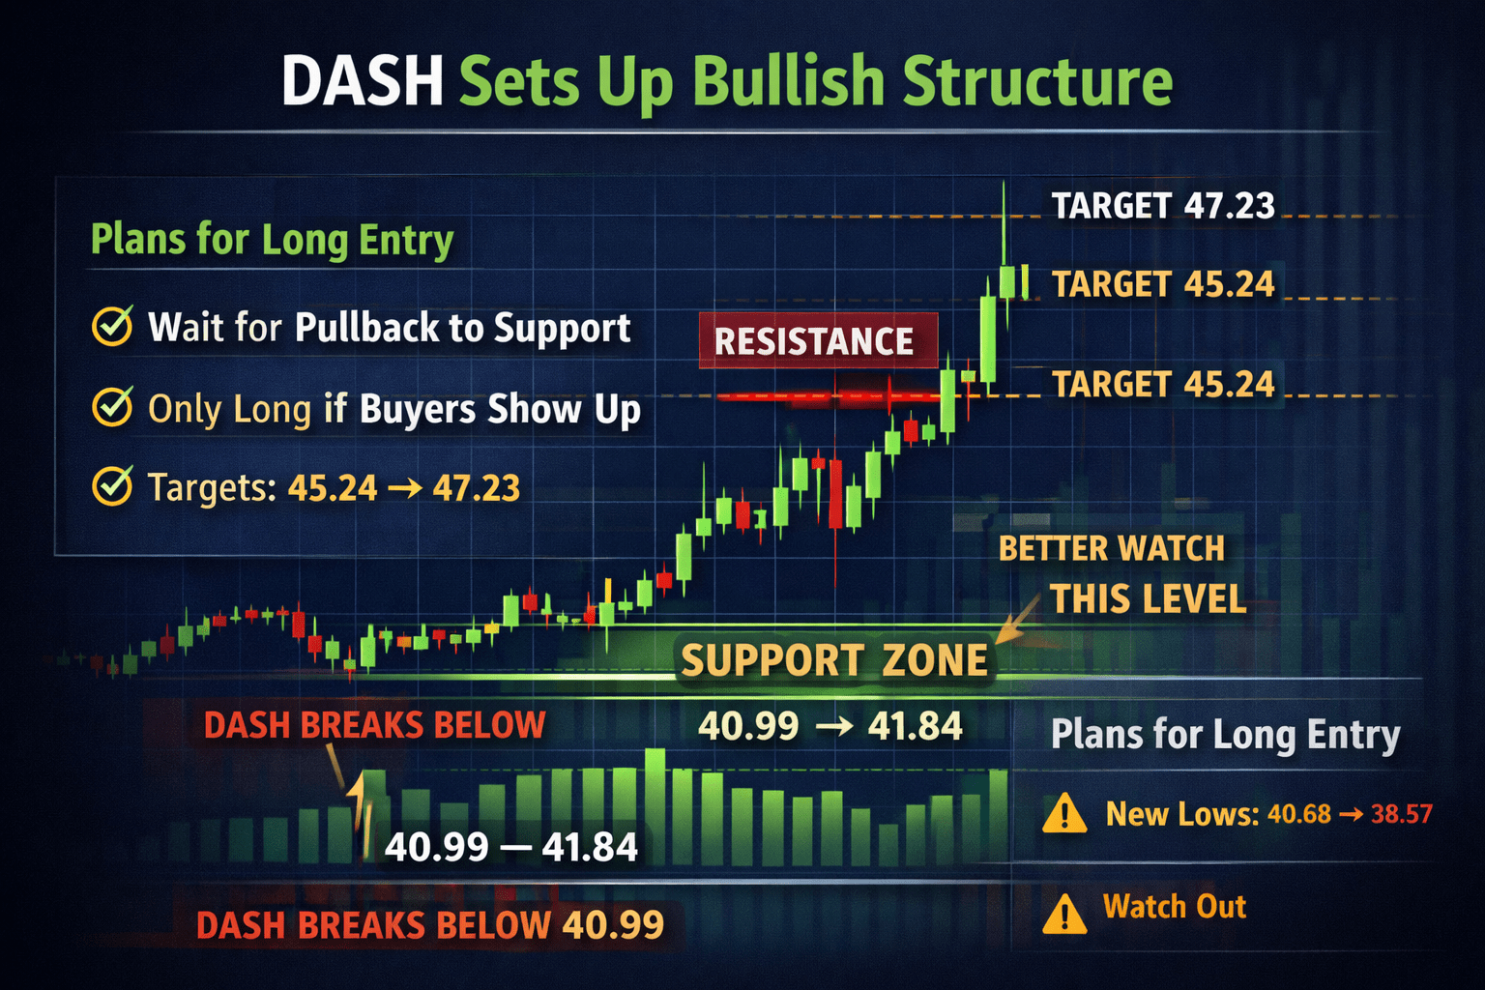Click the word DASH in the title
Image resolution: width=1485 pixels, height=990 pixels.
pos(362,80)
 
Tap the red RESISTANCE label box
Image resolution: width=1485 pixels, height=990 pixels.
pos(818,341)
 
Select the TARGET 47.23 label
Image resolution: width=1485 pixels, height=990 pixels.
pos(1163,206)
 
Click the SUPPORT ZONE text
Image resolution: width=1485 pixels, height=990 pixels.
pos(834,660)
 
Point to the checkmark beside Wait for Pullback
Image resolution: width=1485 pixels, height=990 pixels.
pos(113,326)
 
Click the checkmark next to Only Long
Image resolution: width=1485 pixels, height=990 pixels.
pos(113,406)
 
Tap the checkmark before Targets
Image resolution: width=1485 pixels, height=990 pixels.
pos(113,486)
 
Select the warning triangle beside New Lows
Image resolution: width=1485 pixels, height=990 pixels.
pos(1064,813)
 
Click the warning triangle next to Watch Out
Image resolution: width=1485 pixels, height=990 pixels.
pos(1064,914)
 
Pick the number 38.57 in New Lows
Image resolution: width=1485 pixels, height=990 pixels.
pos(1402,814)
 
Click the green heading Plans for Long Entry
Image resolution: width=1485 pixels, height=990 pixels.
pos(272,240)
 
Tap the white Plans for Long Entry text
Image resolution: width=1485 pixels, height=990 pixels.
pos(1225,735)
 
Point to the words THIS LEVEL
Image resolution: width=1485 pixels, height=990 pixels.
pos(1149,598)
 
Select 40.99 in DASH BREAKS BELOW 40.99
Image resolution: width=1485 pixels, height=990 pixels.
pos(613,924)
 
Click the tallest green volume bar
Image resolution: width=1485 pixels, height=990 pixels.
pos(655,806)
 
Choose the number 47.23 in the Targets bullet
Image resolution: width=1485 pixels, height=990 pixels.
pos(476,488)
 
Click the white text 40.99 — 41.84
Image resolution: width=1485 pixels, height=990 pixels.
pos(510,847)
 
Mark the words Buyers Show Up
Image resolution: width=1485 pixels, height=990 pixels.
pos(501,408)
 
